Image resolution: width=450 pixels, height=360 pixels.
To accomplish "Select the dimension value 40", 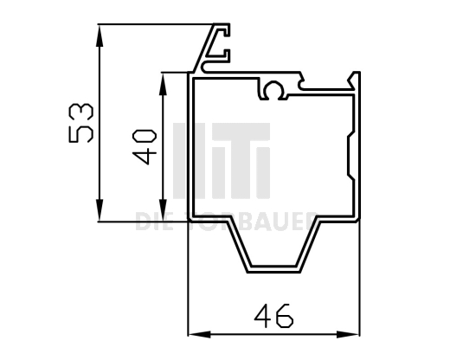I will pos(145,146).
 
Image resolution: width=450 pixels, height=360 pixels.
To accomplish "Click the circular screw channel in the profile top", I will pos(275,88).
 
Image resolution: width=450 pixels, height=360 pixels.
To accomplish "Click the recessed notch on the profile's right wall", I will pos(350,156).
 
